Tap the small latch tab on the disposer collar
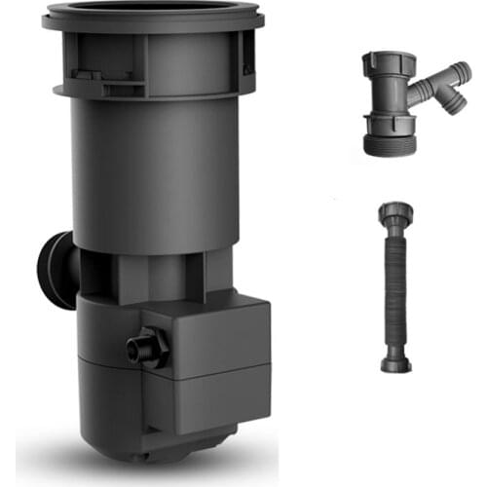pyautogui.click(x=88, y=74)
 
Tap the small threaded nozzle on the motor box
pyautogui.click(x=144, y=345)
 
